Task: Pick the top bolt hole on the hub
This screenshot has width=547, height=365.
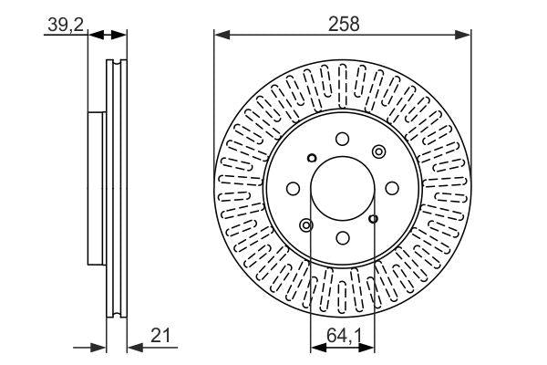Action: (x=342, y=139)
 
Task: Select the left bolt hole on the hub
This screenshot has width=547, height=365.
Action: (x=293, y=188)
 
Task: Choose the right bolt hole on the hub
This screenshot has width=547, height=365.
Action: (x=391, y=188)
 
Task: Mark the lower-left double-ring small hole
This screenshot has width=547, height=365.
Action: (x=306, y=224)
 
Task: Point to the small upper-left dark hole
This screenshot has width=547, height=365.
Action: (x=311, y=156)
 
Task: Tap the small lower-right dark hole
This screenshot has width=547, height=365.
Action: (x=374, y=219)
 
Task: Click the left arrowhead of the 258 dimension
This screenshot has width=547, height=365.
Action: (x=220, y=36)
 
